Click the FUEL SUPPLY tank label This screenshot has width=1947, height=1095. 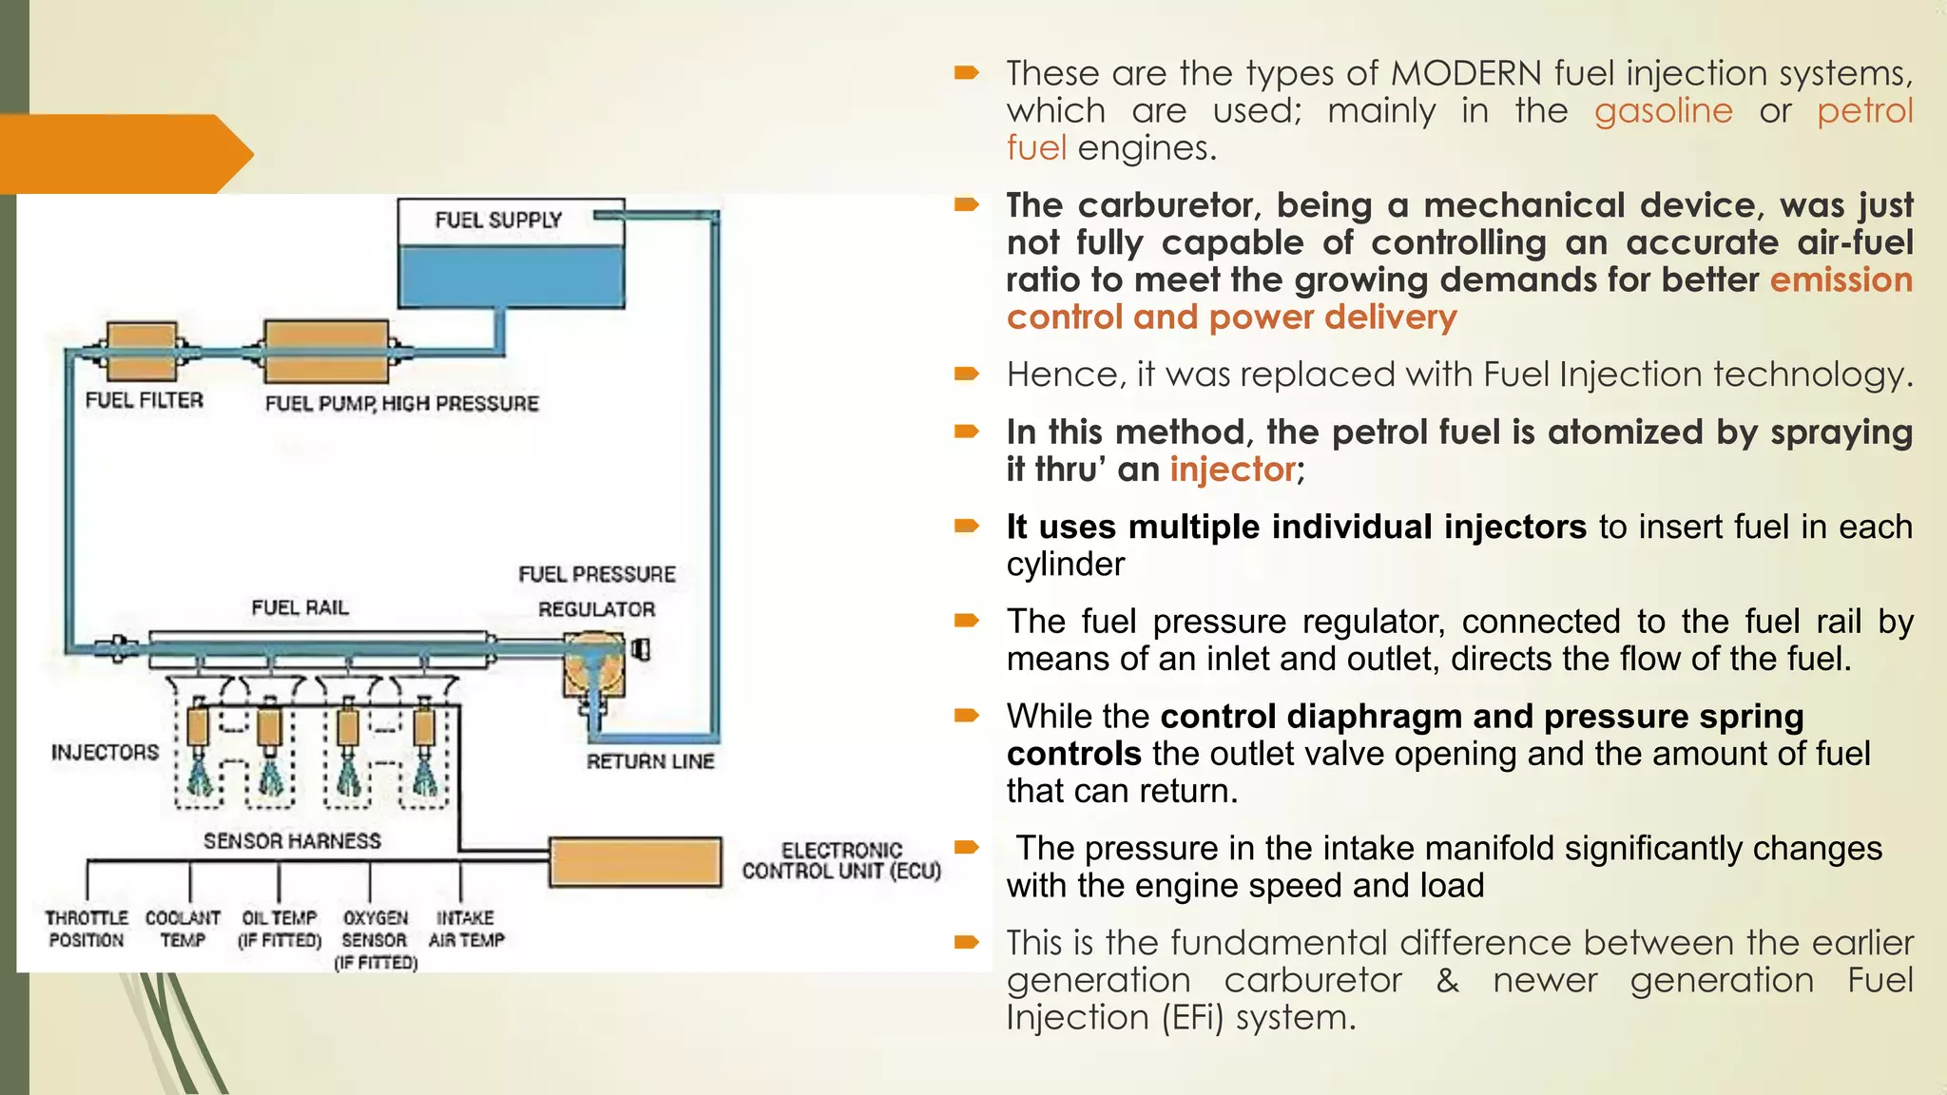(x=498, y=221)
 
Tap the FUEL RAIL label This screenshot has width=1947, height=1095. (x=299, y=607)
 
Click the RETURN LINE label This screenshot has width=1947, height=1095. (x=650, y=761)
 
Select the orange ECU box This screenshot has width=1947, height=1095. (x=635, y=862)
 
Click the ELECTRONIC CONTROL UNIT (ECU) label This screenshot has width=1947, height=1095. (x=841, y=861)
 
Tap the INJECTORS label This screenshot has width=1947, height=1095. (x=105, y=753)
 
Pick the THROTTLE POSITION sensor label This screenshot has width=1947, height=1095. (x=87, y=929)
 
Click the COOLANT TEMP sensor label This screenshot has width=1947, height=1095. (x=183, y=929)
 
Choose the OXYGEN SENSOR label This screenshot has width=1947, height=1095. (x=376, y=939)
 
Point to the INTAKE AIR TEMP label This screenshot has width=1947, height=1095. (x=466, y=929)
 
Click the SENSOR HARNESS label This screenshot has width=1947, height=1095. (x=292, y=841)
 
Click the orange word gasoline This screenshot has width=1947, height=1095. (x=1663, y=111)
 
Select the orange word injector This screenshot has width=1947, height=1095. (x=1232, y=470)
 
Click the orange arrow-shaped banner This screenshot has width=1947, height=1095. (x=119, y=154)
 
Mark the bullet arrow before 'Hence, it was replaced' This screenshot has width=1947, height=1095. (x=967, y=374)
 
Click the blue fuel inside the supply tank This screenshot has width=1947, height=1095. (x=511, y=277)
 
